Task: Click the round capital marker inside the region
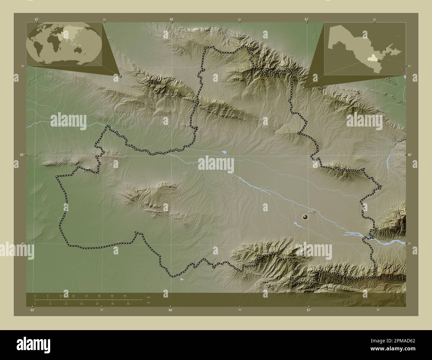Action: click(305, 217)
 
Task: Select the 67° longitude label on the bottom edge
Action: click(308, 310)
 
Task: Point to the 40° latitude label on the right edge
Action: click(409, 155)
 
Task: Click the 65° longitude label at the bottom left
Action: click(32, 310)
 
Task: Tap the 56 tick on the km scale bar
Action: click(125, 296)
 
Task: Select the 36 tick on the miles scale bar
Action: click(128, 304)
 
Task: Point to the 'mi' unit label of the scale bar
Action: click(148, 302)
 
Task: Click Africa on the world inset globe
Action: click(52, 42)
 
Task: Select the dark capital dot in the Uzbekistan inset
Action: click(385, 49)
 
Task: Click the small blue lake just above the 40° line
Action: click(224, 152)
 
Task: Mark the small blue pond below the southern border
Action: click(181, 279)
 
